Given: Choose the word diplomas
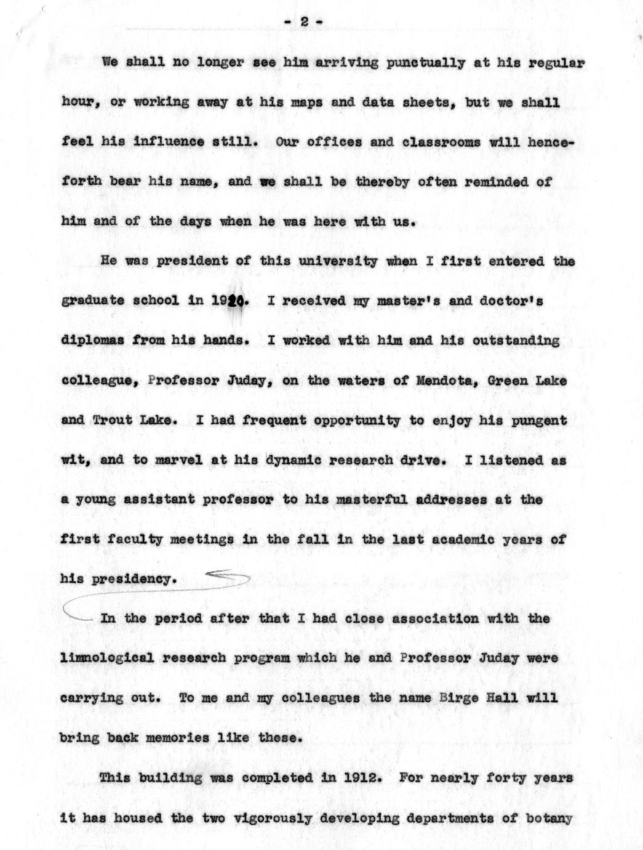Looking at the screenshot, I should pos(92,341).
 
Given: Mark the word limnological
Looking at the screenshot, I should pos(107,658).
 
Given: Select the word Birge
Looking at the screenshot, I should pos(495,698).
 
